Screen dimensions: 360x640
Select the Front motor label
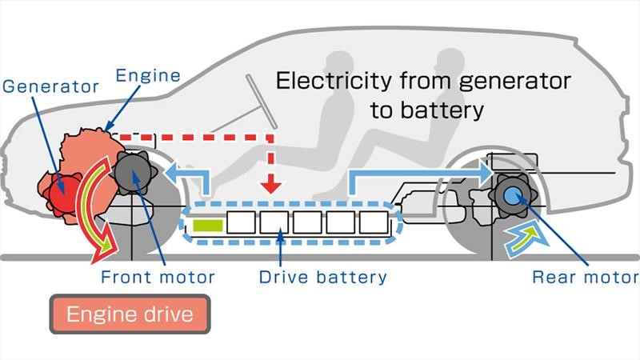click(158, 278)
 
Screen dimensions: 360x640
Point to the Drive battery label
click(322, 278)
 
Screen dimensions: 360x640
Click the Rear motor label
click(586, 278)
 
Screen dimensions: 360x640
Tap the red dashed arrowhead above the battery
click(272, 186)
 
